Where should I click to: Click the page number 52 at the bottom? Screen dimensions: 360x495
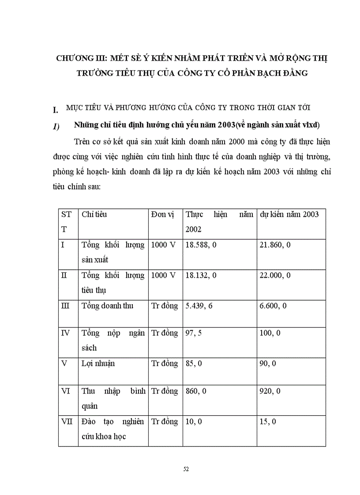coord(186,469)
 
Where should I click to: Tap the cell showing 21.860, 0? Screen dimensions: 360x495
coord(275,245)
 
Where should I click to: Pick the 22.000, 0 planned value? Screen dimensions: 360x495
coord(275,275)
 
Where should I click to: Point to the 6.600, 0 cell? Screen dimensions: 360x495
coord(273,306)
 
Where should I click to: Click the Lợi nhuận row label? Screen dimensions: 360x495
coord(98,364)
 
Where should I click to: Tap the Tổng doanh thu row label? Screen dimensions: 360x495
coord(107,306)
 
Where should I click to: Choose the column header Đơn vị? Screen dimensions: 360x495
coord(163,215)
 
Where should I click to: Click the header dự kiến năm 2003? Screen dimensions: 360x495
coord(289,215)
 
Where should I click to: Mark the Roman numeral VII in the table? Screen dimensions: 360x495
coord(67,421)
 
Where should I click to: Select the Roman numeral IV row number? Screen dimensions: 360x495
coord(65,333)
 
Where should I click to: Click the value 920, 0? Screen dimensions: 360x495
coord(270,391)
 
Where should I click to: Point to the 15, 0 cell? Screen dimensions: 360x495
coord(268,422)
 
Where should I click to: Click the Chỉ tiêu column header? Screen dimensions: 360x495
coord(94,215)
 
